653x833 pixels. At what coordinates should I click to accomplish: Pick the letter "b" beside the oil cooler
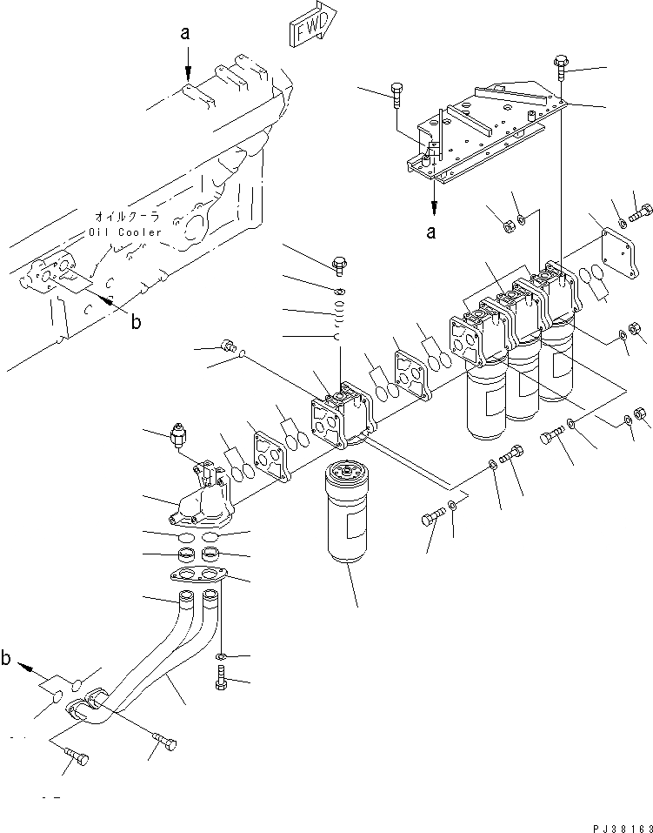135,321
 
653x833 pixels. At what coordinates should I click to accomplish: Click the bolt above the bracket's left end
398,92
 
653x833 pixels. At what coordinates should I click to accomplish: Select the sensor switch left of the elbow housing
179,433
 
